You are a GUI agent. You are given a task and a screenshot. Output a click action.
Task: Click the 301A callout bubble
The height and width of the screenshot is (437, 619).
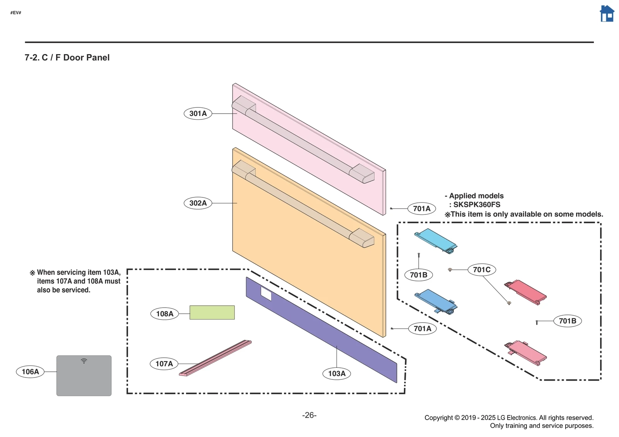[198, 114]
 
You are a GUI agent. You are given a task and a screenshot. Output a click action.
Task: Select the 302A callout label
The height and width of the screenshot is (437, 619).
[198, 203]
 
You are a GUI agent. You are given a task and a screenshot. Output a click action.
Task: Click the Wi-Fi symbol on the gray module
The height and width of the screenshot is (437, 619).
[84, 361]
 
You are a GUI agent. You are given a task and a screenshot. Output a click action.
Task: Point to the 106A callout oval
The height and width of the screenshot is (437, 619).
[30, 372]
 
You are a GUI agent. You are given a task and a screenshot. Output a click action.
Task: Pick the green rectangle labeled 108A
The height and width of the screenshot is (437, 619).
[212, 312]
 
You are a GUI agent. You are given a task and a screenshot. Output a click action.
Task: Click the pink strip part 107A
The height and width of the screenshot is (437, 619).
[215, 358]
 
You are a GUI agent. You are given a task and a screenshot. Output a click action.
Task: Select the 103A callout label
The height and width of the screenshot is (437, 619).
[337, 374]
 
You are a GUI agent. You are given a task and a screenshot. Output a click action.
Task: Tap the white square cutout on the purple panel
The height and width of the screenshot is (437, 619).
[266, 294]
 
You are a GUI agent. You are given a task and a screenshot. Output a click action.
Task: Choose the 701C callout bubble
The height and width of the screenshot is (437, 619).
[482, 270]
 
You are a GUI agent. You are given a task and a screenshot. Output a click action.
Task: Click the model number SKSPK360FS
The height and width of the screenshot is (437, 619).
[477, 205]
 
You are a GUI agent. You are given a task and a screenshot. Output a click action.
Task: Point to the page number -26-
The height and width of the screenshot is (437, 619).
[309, 415]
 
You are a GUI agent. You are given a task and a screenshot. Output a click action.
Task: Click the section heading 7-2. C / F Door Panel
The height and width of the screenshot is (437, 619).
[67, 58]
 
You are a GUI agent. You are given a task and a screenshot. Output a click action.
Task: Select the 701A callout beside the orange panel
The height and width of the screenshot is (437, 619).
[422, 329]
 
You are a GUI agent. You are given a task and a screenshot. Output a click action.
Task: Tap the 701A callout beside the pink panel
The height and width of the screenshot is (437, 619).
[421, 209]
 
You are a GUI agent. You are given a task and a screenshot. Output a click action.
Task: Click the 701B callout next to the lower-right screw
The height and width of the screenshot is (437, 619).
[567, 321]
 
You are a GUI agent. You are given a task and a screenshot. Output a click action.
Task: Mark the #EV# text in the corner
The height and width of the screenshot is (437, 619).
[16, 13]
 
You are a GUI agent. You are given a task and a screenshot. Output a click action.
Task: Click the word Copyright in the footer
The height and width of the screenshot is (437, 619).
[438, 418]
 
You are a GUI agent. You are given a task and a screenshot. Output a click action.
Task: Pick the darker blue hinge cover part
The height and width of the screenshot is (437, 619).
[435, 301]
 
